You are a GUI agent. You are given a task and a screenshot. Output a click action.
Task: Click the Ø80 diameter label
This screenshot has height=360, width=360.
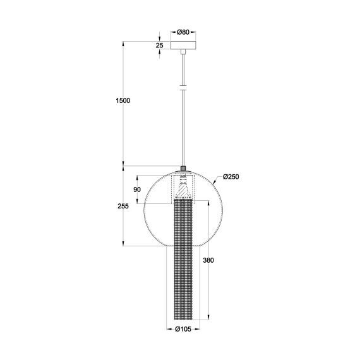pyautogui.click(x=184, y=31)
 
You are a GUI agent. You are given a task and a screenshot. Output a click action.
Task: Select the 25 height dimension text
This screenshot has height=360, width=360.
pyautogui.click(x=159, y=45)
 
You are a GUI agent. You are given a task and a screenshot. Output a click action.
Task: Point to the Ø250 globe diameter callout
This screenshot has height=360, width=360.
pyautogui.click(x=229, y=177)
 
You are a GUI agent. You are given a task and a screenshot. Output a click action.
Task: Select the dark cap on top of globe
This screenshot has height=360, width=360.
pyautogui.click(x=184, y=169)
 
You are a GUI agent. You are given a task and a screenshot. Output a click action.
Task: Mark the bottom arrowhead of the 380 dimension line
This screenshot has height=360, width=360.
pyautogui.click(x=208, y=318)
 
